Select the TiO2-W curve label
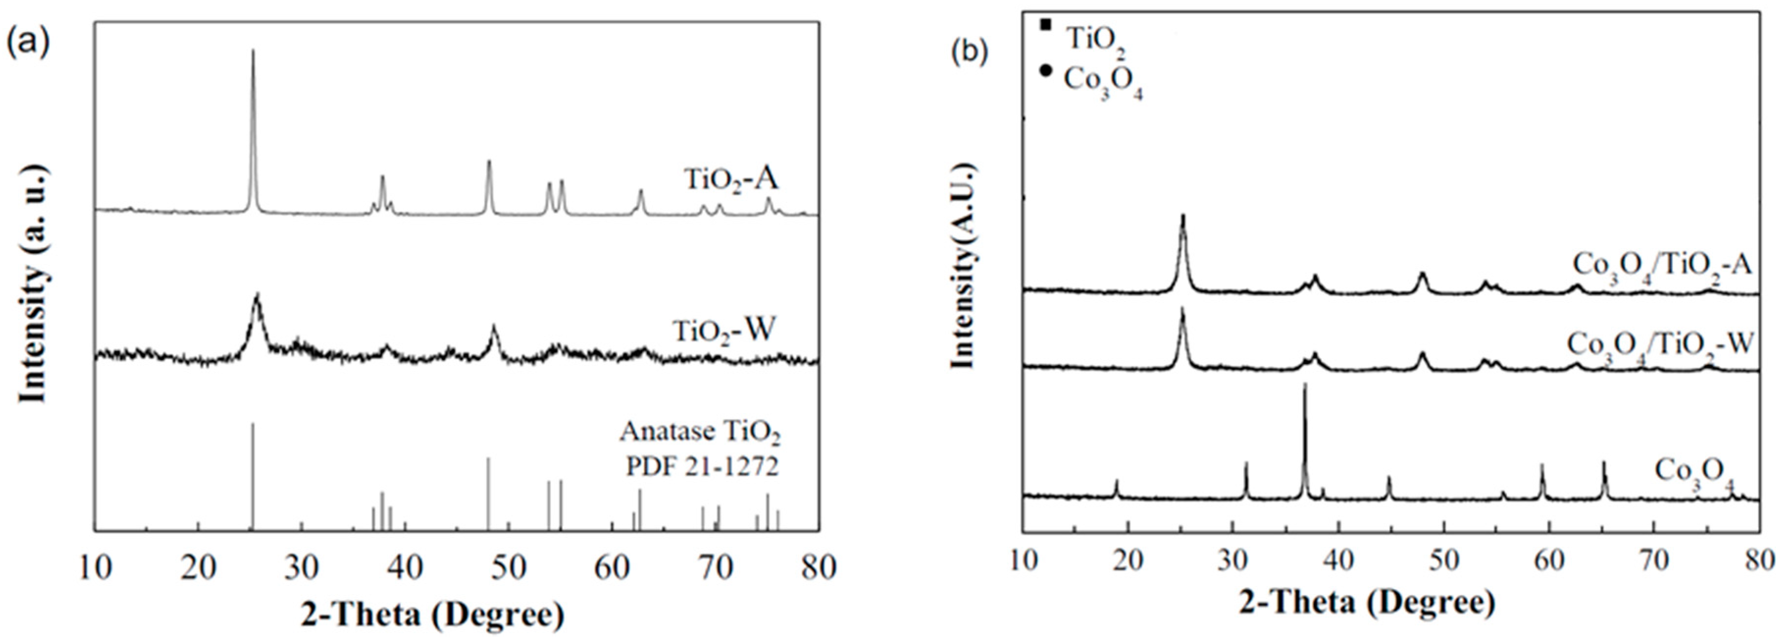tap(724, 331)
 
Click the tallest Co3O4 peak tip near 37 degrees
tap(1305, 385)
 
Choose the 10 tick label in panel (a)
tap(95, 568)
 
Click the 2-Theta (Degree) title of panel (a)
tap(432, 614)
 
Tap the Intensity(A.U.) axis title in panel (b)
tap(964, 267)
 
